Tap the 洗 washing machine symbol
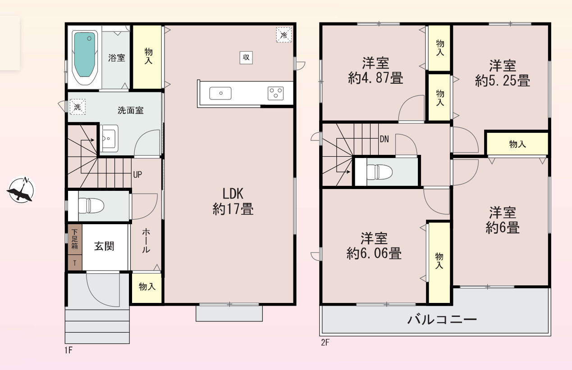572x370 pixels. click(78, 107)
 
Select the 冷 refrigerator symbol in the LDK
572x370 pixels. click(284, 35)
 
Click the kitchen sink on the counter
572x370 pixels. click(220, 93)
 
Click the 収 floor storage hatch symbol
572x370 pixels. click(246, 57)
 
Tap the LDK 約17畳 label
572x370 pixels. click(233, 201)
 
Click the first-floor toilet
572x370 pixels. click(91, 206)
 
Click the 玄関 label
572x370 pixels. click(104, 246)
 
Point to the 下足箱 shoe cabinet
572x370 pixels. click(75, 239)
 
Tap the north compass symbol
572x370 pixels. click(21, 190)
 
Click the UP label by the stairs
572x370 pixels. click(137, 174)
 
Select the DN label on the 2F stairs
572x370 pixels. click(384, 139)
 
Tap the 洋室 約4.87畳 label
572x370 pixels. click(375, 71)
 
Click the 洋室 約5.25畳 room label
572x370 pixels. click(502, 73)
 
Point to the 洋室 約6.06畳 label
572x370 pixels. click(374, 246)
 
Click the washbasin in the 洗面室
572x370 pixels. click(108, 139)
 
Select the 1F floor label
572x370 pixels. click(69, 350)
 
